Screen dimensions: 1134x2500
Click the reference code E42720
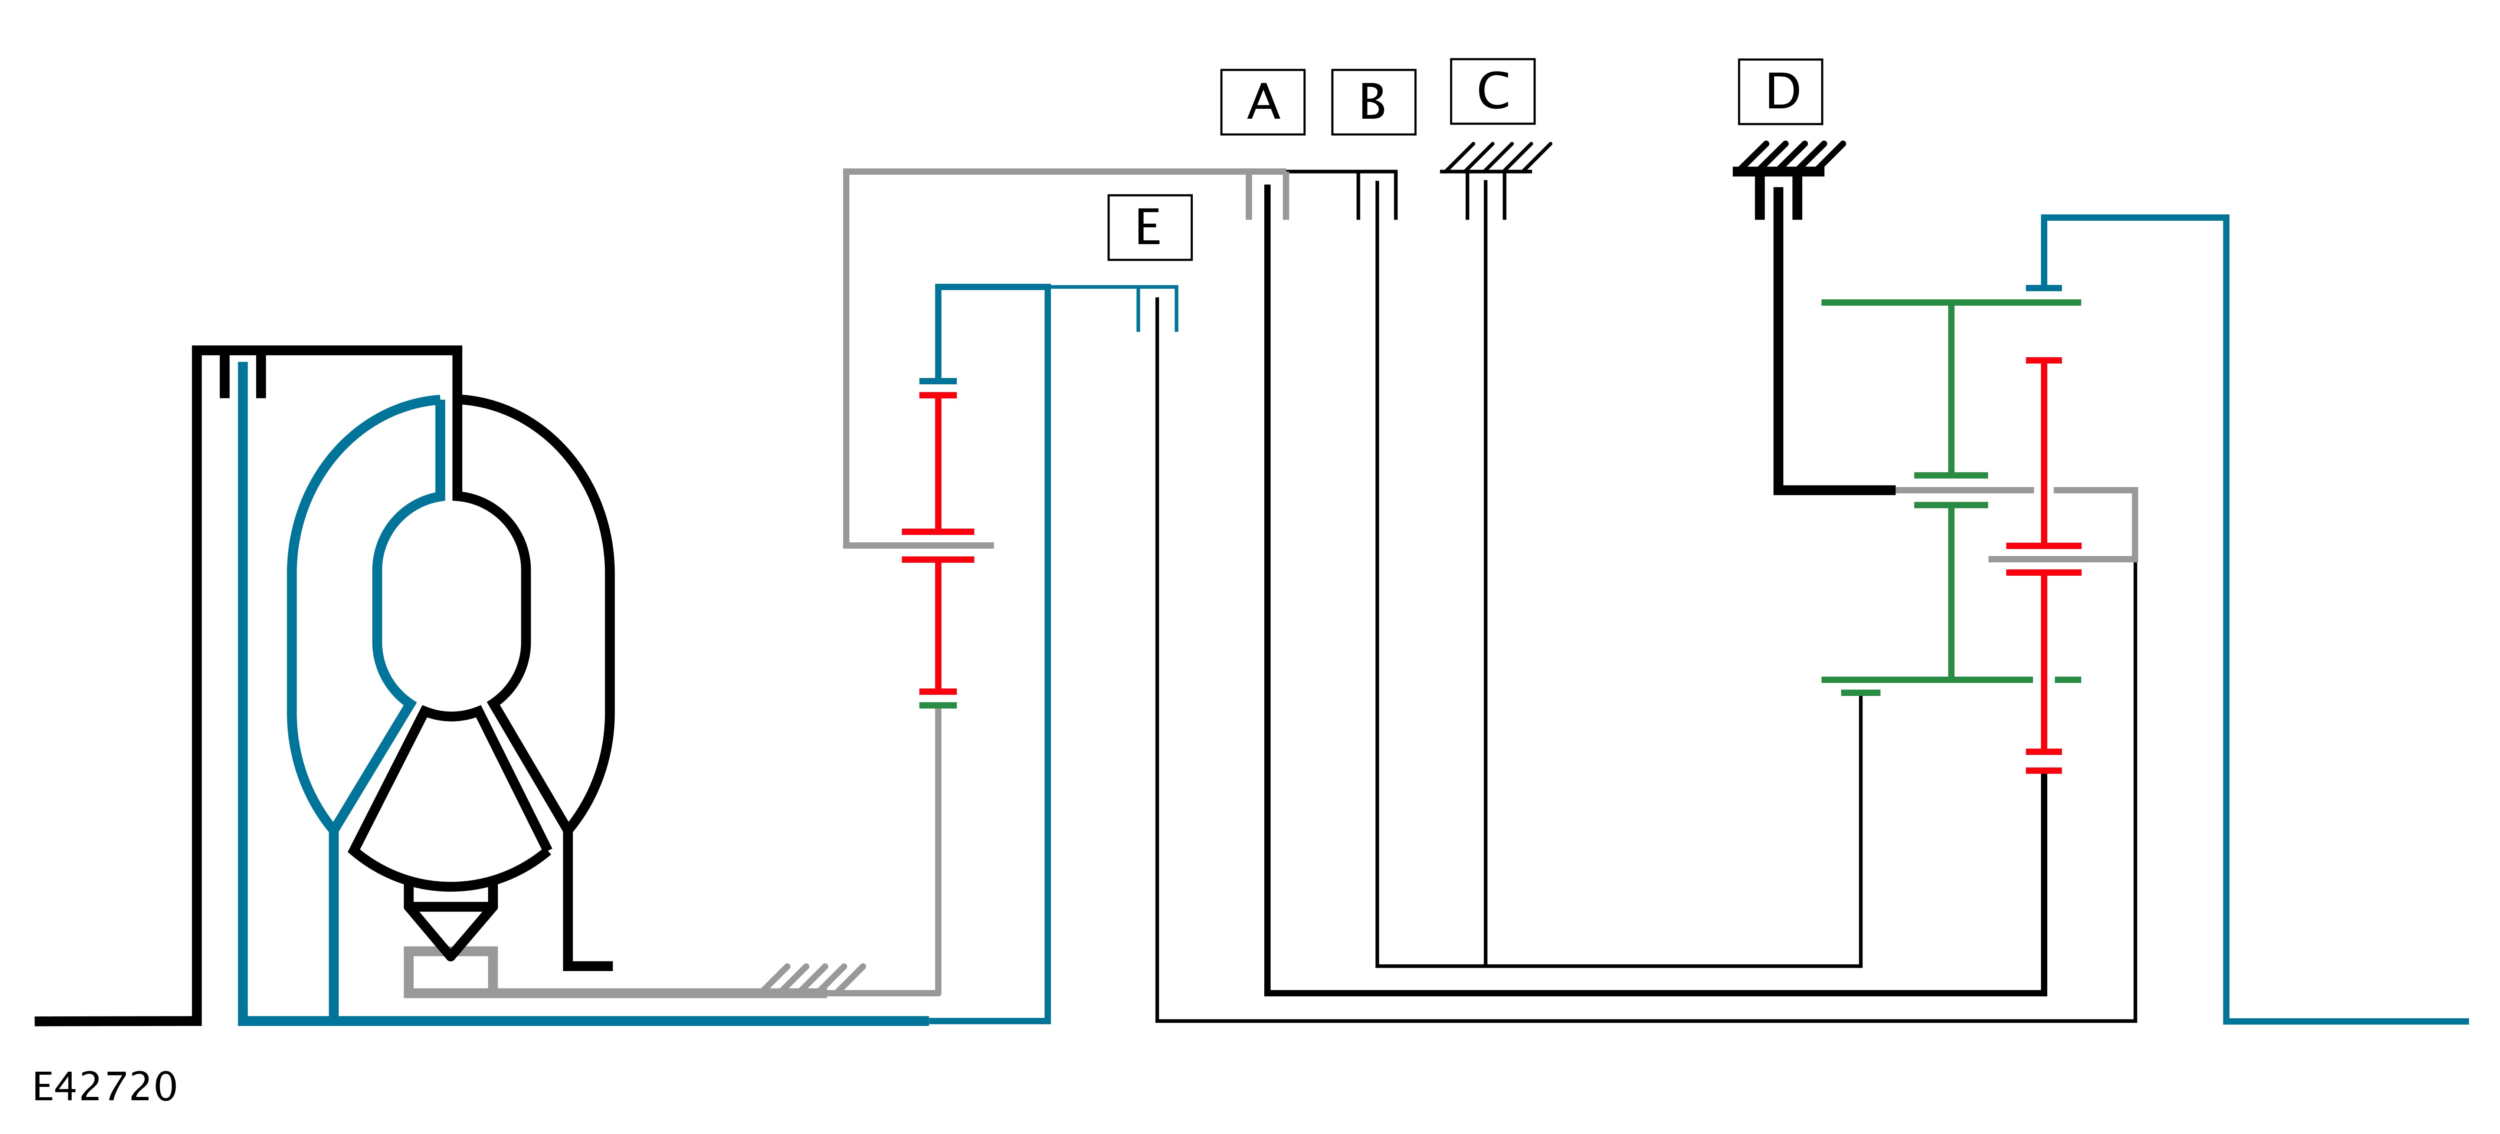click(x=105, y=1087)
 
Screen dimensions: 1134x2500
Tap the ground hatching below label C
click(x=1495, y=158)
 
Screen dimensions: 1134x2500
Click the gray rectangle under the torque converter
click(x=450, y=971)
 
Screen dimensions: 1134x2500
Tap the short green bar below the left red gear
click(x=937, y=705)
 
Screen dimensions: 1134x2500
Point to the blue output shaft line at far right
click(x=2349, y=1020)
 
